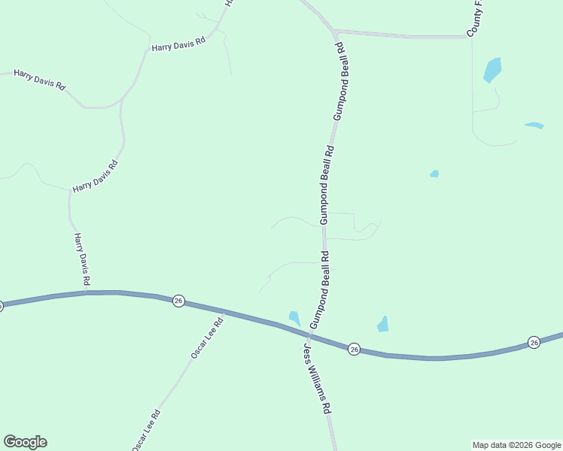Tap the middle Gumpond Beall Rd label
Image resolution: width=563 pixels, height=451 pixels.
pyautogui.click(x=325, y=185)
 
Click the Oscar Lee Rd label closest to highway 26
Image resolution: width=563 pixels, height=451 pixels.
pyautogui.click(x=207, y=337)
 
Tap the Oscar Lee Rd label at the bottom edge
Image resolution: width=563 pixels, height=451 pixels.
pyautogui.click(x=146, y=430)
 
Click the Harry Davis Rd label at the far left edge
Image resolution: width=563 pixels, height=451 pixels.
pyautogui.click(x=39, y=79)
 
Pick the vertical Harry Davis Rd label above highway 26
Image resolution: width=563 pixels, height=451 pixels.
pyautogui.click(x=82, y=259)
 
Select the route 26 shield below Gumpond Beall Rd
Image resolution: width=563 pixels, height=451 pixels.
pyautogui.click(x=354, y=349)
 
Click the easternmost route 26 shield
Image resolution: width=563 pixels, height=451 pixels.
pyautogui.click(x=534, y=342)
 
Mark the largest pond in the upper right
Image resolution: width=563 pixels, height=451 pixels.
pyautogui.click(x=492, y=70)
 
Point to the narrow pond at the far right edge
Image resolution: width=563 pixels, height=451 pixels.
pyautogui.click(x=534, y=126)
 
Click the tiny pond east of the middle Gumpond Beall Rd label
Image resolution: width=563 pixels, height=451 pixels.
pyautogui.click(x=434, y=174)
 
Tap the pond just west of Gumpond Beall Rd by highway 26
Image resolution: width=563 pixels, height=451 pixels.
pyautogui.click(x=294, y=319)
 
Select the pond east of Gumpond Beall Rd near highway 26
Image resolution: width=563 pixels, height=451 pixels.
pyautogui.click(x=383, y=325)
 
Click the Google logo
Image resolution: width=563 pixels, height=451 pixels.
pyautogui.click(x=25, y=442)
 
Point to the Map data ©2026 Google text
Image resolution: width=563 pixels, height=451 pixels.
pyautogui.click(x=517, y=445)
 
